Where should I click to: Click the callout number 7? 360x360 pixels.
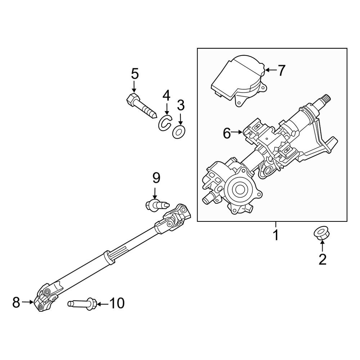(x=281, y=71)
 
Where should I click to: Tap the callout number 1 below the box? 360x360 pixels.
(x=275, y=236)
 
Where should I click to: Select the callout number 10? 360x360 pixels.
(x=116, y=303)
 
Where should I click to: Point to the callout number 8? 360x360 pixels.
(x=16, y=302)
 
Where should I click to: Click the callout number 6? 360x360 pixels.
(x=227, y=134)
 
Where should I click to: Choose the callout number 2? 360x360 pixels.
(x=322, y=259)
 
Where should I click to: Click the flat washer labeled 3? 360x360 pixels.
(x=178, y=132)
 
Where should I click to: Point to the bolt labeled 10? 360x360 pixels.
(x=82, y=303)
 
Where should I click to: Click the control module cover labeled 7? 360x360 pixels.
(x=238, y=79)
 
